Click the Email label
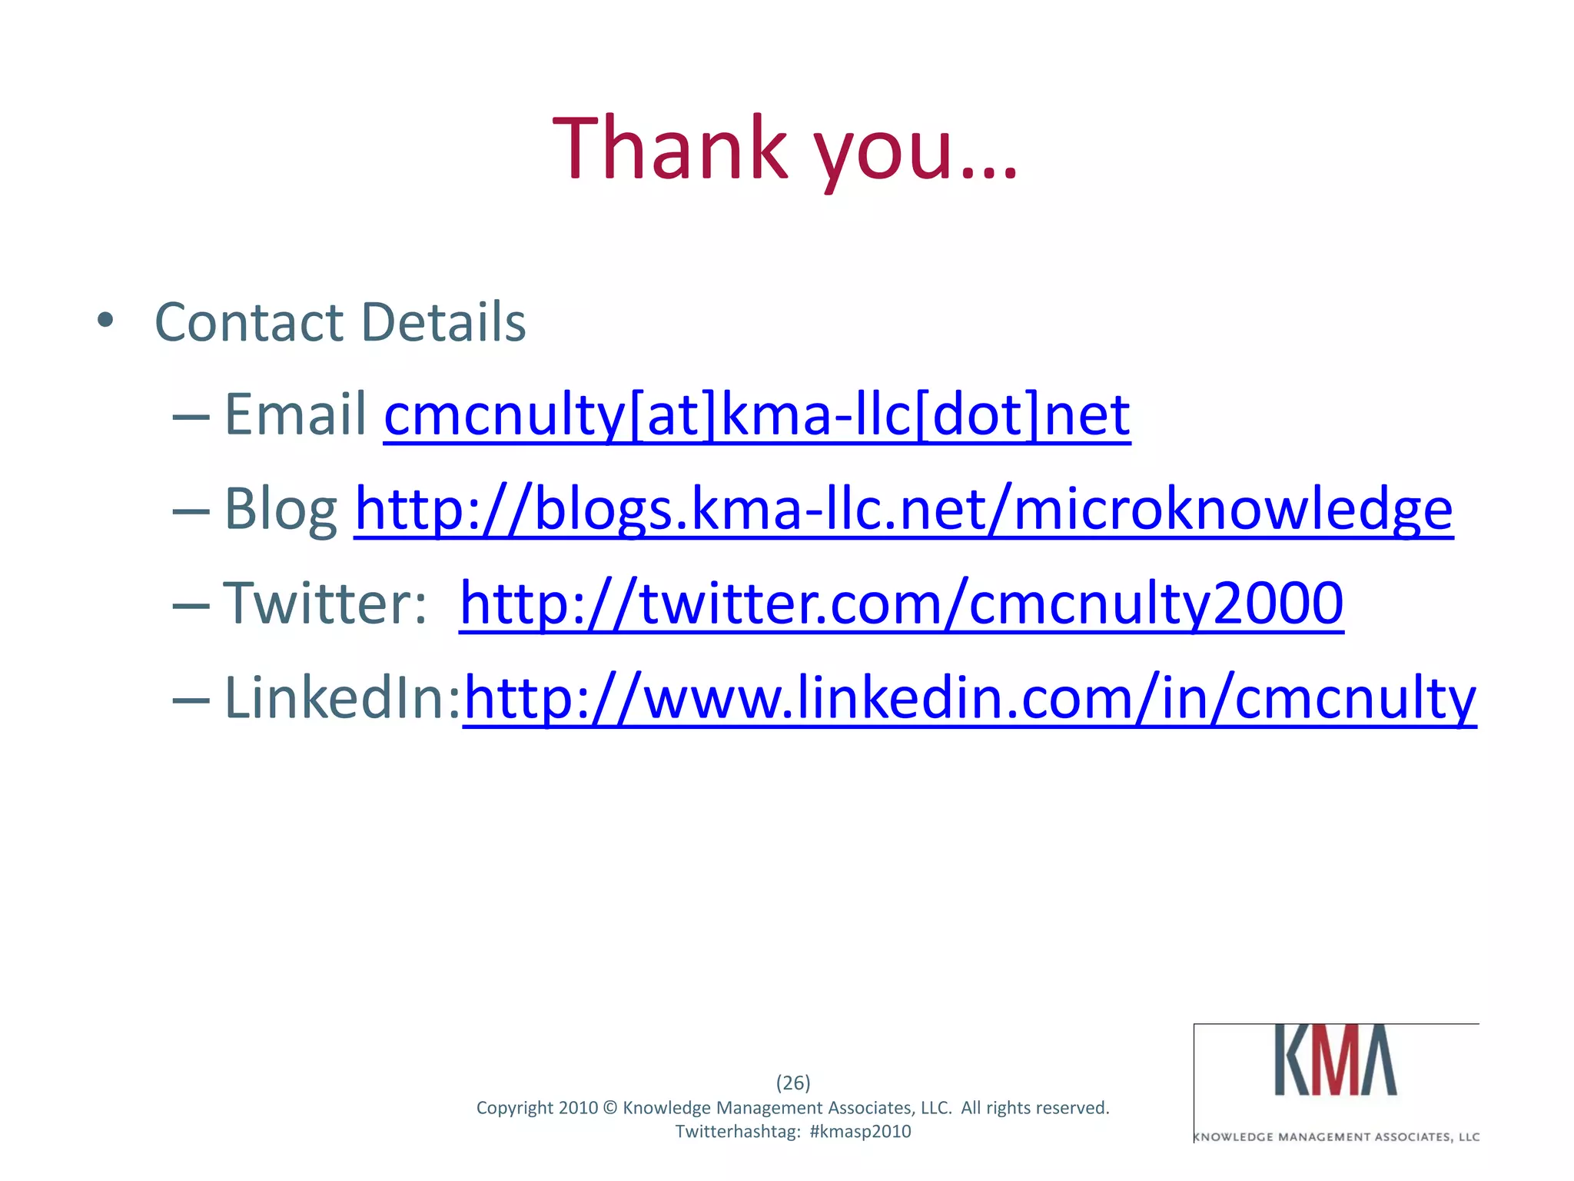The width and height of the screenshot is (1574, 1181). click(x=295, y=414)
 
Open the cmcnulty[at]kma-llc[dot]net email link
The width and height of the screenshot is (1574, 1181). click(x=756, y=415)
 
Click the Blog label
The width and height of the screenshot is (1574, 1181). click(x=281, y=510)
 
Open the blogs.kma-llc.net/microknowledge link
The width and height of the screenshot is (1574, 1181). click(x=903, y=509)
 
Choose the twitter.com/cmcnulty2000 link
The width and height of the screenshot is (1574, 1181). click(x=901, y=604)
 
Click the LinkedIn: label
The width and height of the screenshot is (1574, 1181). click(x=342, y=698)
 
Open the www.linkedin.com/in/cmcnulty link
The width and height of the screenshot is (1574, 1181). click(x=969, y=698)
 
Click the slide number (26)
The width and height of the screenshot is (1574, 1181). click(x=793, y=1083)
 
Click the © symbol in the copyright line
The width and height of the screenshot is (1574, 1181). click(x=610, y=1108)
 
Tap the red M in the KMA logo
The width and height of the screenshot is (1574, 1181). click(x=1335, y=1061)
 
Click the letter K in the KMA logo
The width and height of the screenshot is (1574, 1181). click(x=1292, y=1061)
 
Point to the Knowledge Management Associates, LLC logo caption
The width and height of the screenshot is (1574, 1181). click(x=1337, y=1136)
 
